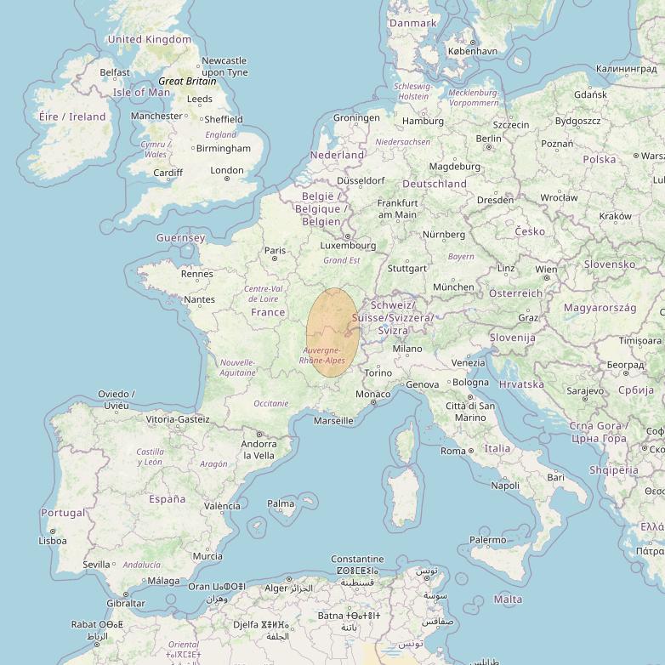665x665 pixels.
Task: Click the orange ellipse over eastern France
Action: point(332,332)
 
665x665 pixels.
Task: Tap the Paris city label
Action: point(275,251)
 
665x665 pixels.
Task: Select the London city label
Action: point(227,170)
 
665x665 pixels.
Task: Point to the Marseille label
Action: point(333,420)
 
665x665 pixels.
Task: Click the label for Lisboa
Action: point(53,540)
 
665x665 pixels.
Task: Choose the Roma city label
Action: point(452,451)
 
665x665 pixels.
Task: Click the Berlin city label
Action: point(489,139)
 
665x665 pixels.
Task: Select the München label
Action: point(453,287)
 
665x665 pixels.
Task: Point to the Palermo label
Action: point(487,539)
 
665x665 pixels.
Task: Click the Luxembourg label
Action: point(347,246)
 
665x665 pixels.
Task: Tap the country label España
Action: point(167,499)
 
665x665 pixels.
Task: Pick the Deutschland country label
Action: point(435,184)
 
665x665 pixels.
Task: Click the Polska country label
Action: point(600,159)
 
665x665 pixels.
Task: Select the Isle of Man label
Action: point(142,93)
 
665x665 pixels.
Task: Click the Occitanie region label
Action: point(271,403)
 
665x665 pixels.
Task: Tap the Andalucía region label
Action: point(141,565)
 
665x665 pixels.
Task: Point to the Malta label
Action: point(508,600)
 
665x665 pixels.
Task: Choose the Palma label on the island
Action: point(281,503)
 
